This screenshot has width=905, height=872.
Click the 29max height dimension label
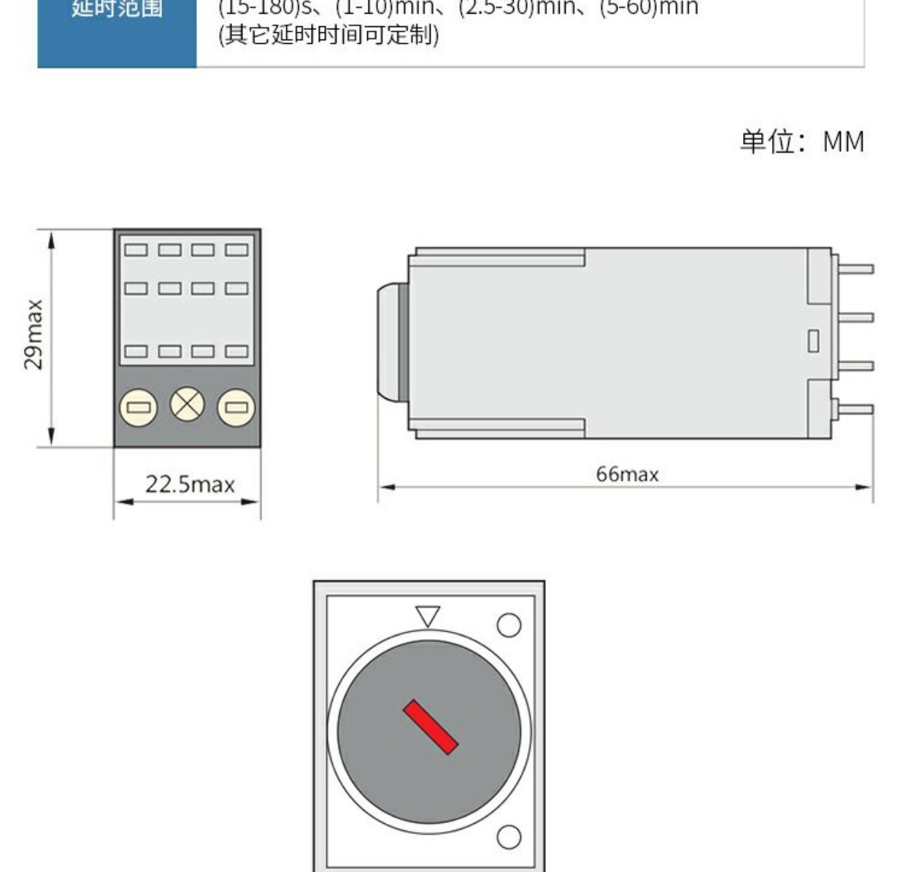pos(34,334)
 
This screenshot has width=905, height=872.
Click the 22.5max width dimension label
pos(190,484)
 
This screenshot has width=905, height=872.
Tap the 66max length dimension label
pos(627,475)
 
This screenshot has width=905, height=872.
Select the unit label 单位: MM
pos(801,142)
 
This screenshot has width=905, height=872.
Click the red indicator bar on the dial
pos(431,727)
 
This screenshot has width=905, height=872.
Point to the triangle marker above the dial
pos(428,616)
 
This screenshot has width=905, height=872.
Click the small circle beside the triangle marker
pos(509,625)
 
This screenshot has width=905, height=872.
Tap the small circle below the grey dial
pos(509,836)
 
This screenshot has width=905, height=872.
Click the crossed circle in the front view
pos(188,405)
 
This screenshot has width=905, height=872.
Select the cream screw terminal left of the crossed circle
pos(139,407)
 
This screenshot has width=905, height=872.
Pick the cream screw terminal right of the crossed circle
pos(236,407)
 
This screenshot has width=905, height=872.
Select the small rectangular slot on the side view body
pos(813,341)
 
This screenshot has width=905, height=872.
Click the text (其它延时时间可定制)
pos(329,34)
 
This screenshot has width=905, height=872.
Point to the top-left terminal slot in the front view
pos(136,250)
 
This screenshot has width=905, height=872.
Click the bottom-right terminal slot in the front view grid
pos(236,351)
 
